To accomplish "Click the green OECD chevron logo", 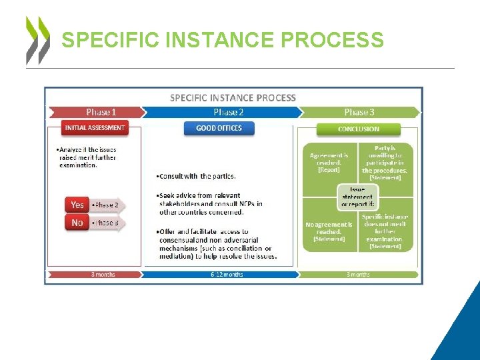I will coord(37,39).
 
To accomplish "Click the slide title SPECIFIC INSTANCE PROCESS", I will coord(222,40).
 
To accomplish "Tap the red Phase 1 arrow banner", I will coord(95,112).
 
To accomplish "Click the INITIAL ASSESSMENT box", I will coord(94,127).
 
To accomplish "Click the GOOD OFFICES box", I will coord(219,128).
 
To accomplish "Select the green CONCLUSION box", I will coord(359,129).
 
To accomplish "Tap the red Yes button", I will coord(77,205).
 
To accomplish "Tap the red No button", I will coord(77,223).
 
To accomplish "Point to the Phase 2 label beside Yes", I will coord(107,205).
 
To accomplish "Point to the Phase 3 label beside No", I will coord(107,223).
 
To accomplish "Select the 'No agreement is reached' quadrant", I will coord(329,230).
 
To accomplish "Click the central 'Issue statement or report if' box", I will coord(358,197).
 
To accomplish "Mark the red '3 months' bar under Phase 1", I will coord(95,274).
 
